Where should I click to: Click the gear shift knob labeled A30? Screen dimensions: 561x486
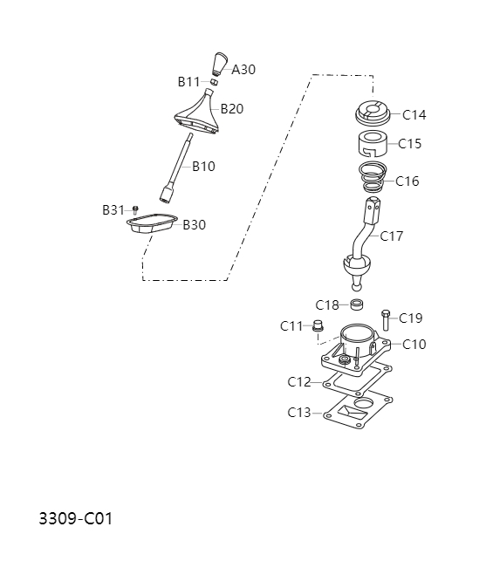click(x=219, y=65)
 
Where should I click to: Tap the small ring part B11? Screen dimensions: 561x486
click(x=214, y=82)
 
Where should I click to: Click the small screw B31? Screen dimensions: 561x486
click(x=135, y=209)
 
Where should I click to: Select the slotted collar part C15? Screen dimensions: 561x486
click(x=374, y=142)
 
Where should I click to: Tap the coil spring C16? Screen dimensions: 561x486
click(x=373, y=177)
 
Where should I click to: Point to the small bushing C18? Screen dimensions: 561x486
click(x=356, y=304)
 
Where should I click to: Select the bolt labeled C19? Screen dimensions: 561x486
click(x=386, y=319)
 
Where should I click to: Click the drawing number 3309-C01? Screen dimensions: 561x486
click(x=76, y=519)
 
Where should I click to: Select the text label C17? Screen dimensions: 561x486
click(x=392, y=236)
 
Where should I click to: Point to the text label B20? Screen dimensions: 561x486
click(x=232, y=109)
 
